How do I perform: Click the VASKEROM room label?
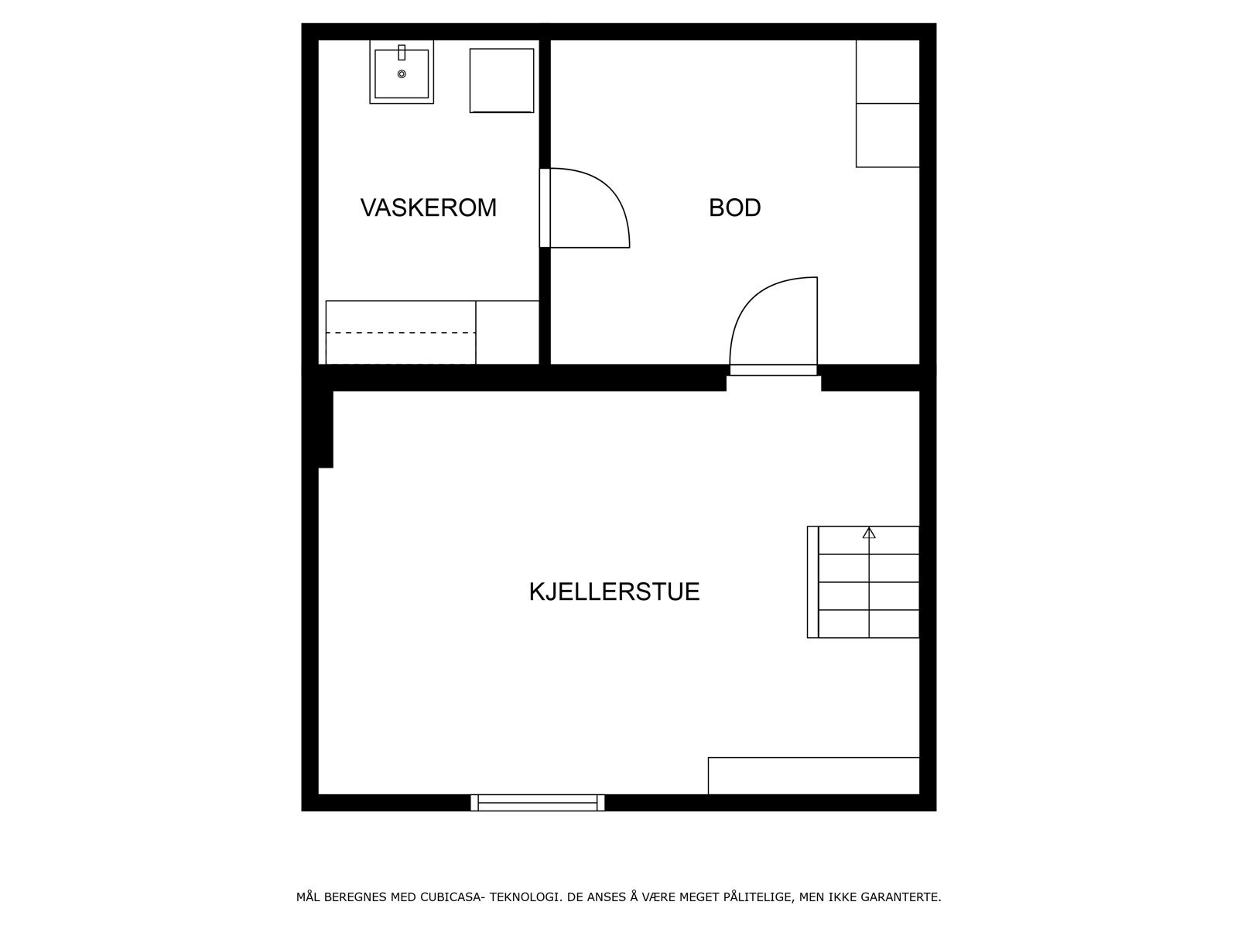pyautogui.click(x=428, y=207)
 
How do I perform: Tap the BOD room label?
pyautogui.click(x=734, y=207)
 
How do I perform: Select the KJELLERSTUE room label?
pyautogui.click(x=614, y=591)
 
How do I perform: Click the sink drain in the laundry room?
pyautogui.click(x=402, y=74)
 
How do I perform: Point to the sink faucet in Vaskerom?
pyautogui.click(x=402, y=53)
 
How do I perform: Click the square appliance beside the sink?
pyautogui.click(x=501, y=81)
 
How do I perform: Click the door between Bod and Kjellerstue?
pyautogui.click(x=774, y=325)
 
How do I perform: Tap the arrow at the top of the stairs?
pyautogui.click(x=869, y=533)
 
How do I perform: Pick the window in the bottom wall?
pyautogui.click(x=538, y=802)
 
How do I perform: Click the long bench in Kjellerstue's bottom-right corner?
pyautogui.click(x=813, y=775)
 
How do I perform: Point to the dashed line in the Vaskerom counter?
pyautogui.click(x=400, y=333)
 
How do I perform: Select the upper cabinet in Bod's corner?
pyautogui.click(x=887, y=71)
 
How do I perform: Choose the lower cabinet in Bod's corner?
pyautogui.click(x=887, y=135)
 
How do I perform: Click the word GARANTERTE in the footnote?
pyautogui.click(x=903, y=898)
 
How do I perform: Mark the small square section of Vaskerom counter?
pyautogui.click(x=507, y=332)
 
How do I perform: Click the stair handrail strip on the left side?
pyautogui.click(x=812, y=582)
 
